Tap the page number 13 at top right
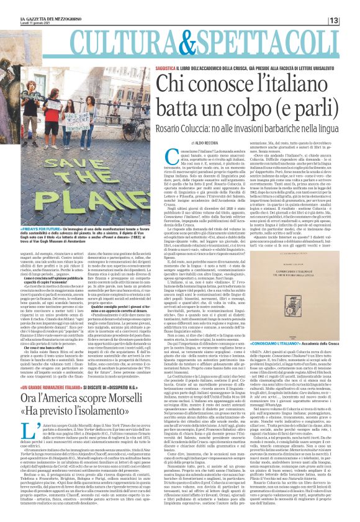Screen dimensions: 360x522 click(351, 21)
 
